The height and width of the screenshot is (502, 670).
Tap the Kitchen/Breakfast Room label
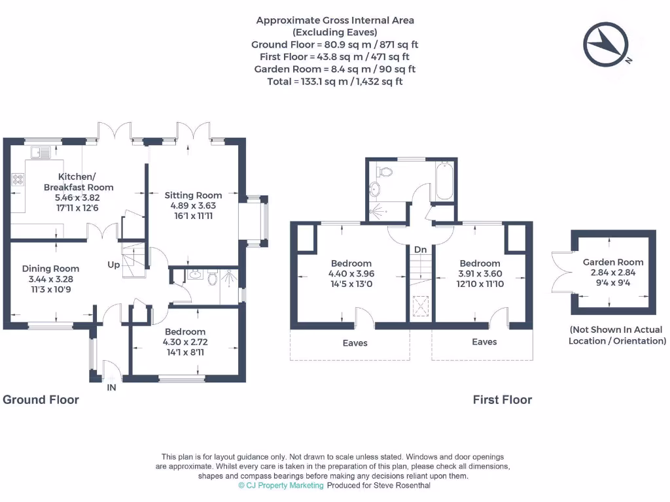click(78, 182)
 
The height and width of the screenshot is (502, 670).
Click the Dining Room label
click(50, 268)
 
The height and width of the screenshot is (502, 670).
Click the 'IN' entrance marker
click(111, 388)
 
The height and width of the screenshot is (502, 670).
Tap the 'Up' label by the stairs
click(115, 265)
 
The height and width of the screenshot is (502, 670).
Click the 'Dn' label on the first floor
click(420, 250)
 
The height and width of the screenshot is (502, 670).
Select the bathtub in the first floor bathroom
click(443, 181)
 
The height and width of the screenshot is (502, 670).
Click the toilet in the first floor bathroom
click(384, 172)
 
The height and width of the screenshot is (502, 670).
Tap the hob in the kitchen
click(18, 178)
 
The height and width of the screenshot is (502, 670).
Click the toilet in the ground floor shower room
click(213, 279)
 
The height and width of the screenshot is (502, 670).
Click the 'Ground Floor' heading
click(41, 399)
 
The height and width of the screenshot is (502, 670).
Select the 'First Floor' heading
click(502, 399)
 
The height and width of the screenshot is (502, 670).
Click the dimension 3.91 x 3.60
click(480, 274)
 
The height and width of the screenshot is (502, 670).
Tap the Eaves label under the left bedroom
click(355, 343)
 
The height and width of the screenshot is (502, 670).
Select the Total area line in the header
click(334, 81)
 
